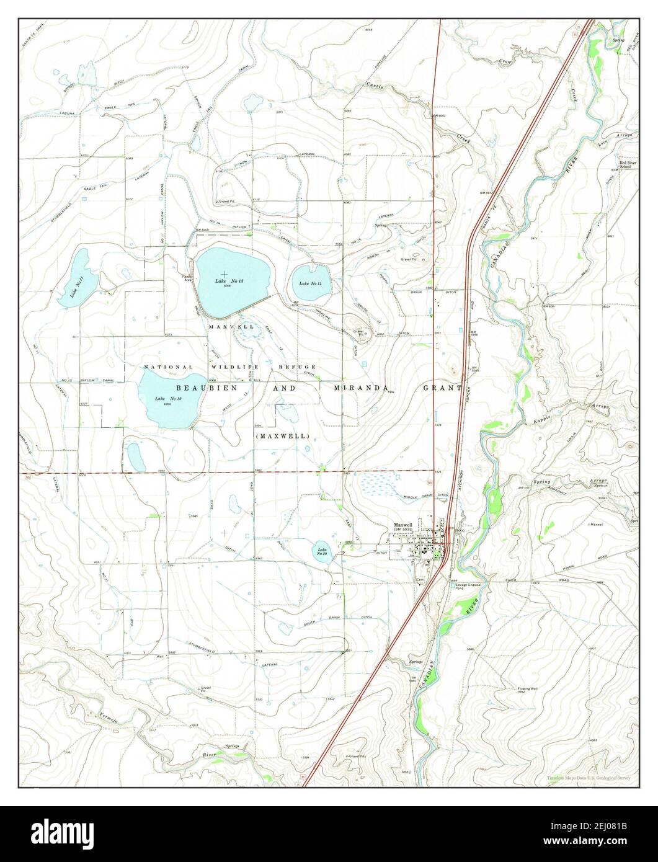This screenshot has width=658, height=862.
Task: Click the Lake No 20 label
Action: (x=321, y=551)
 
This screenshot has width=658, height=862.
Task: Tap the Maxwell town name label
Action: (x=403, y=525)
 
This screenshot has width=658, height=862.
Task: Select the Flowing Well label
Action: (x=526, y=689)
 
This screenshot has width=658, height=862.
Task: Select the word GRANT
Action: (x=442, y=389)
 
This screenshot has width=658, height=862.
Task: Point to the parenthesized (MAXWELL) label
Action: (x=282, y=436)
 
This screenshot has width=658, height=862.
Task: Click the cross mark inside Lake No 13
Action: (x=224, y=273)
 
